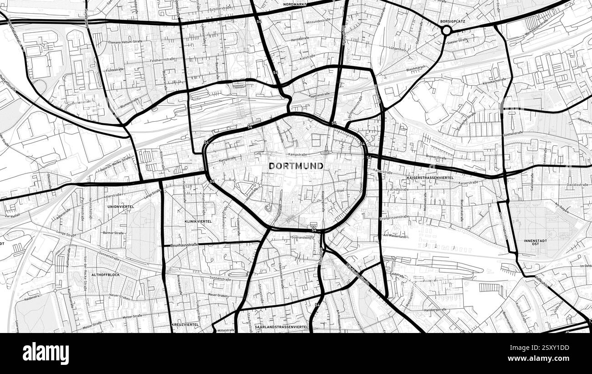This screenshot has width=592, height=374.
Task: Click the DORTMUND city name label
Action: pos(296,166)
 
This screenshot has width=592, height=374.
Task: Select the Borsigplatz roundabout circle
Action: pos(446,31)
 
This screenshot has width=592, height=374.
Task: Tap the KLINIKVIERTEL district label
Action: pos(198,221)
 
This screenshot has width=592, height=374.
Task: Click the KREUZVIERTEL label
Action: pos(185,324)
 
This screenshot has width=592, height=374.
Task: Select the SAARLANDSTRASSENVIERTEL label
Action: pos(282,327)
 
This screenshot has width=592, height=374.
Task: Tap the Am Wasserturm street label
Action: pos(394,235)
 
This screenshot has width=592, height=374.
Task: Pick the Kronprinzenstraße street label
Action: pos(395,218)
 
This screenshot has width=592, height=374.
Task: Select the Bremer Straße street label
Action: pos(435,157)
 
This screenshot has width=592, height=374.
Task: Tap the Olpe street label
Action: pos(340,190)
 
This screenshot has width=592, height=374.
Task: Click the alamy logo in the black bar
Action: pos(46,354)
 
